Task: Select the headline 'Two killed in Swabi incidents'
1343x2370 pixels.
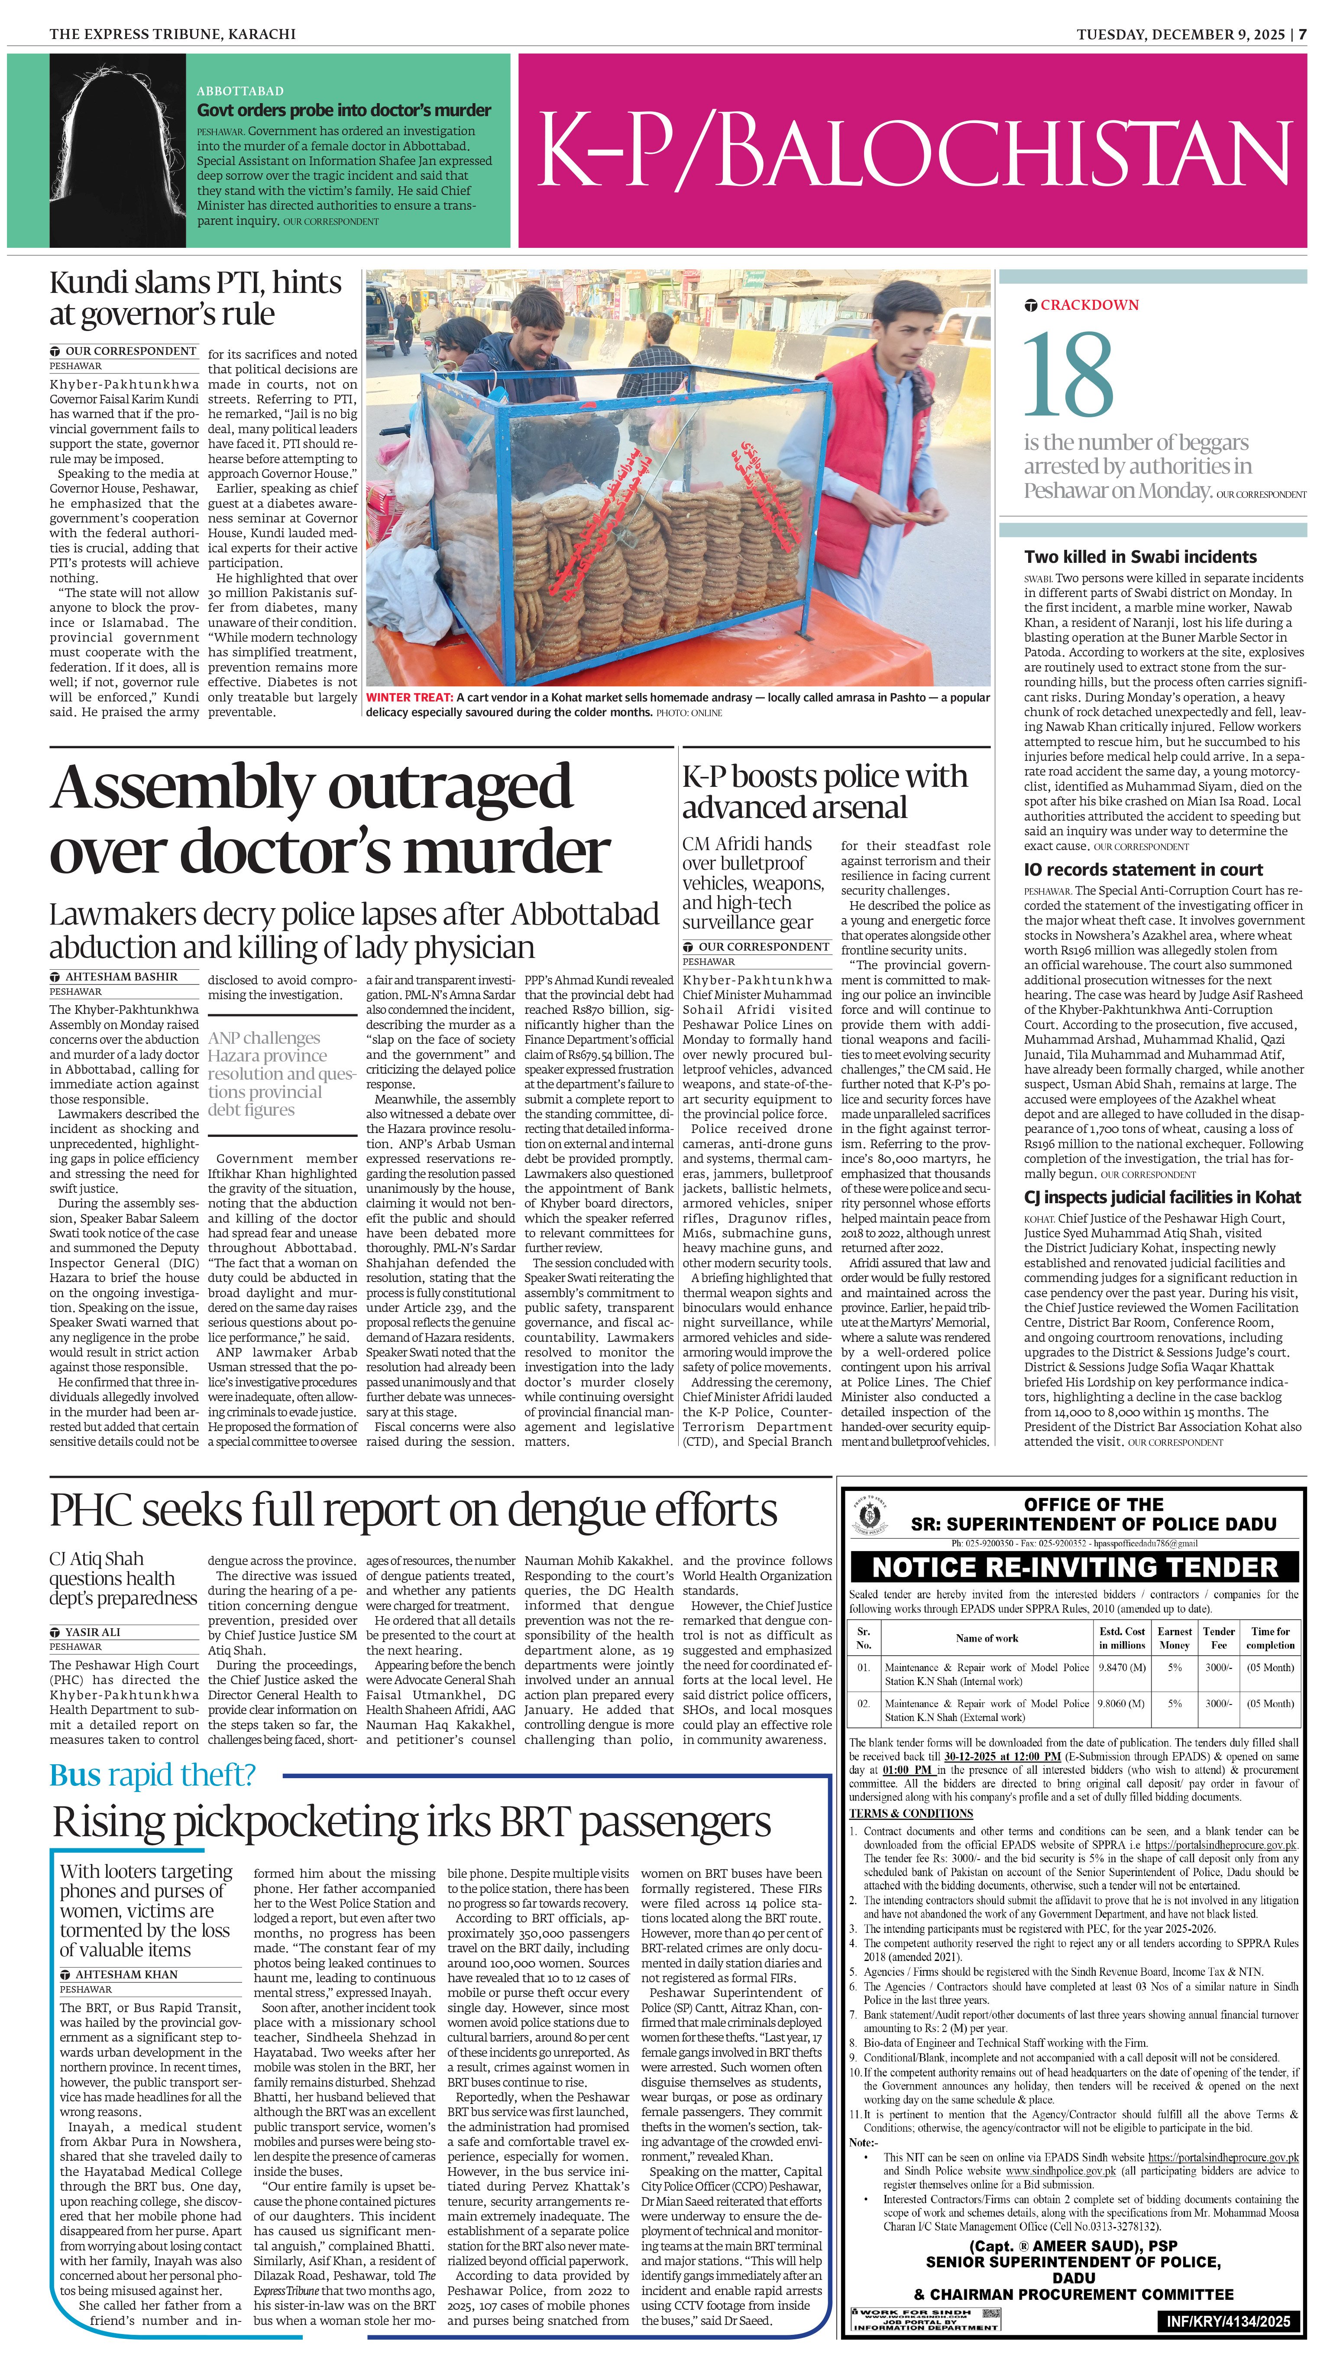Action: [x=1140, y=556]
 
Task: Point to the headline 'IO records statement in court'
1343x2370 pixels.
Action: [x=1143, y=869]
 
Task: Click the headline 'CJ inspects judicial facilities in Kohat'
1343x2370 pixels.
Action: [x=1162, y=1197]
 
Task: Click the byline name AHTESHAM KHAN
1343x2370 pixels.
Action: [x=126, y=1974]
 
